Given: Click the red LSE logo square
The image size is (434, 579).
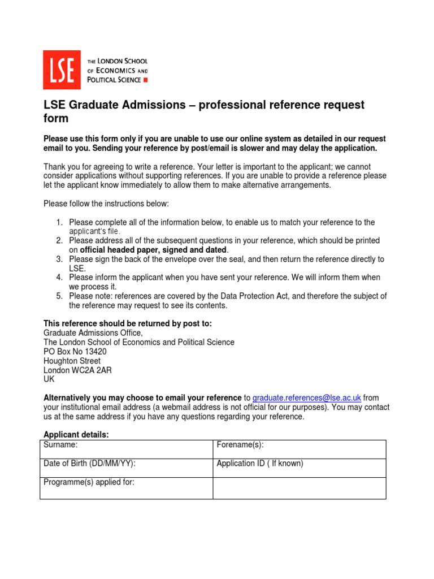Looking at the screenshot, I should (x=62, y=70).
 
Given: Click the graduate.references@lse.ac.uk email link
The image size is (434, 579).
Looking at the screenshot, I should (x=306, y=397).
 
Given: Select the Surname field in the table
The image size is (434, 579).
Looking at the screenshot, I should (x=126, y=449).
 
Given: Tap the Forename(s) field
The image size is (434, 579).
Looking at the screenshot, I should (x=299, y=449).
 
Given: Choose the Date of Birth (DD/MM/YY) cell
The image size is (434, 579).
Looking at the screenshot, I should (x=126, y=468).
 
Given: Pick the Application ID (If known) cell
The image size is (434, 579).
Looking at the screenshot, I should (x=299, y=468).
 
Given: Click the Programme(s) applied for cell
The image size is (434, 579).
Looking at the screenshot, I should (x=126, y=487).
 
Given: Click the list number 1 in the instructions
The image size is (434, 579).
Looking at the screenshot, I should (x=59, y=222).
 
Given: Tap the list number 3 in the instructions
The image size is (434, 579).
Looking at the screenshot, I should (x=59, y=259).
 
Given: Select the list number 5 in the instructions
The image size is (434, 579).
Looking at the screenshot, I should (x=59, y=296).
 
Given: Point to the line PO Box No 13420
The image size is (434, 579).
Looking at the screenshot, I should (x=75, y=351).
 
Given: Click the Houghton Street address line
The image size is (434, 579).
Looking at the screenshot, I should (x=72, y=361).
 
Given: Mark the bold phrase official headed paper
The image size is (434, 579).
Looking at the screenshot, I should (x=116, y=249).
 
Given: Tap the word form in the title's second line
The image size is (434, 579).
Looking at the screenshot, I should (x=56, y=118).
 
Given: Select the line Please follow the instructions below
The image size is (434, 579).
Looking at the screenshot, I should (x=106, y=203).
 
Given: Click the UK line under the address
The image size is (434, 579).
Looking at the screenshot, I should (x=49, y=379).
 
